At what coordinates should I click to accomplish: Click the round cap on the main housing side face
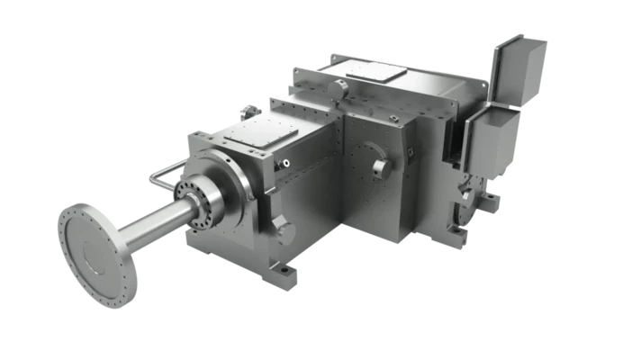[x=380, y=166]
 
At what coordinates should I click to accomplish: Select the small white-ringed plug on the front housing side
[x=285, y=164]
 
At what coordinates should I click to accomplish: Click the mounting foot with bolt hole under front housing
[x=281, y=270]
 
